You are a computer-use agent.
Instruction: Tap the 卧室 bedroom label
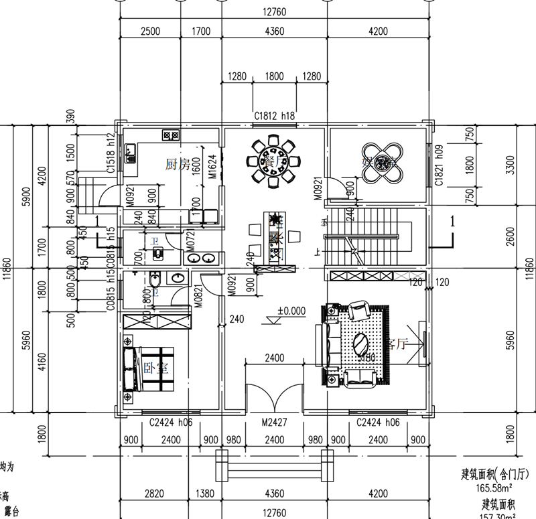tap(155, 368)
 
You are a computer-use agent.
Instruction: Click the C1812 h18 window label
tap(275, 117)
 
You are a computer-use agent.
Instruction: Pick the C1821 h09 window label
tap(440, 164)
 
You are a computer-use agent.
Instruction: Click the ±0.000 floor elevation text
tap(291, 311)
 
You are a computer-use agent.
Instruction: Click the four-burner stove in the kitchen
tap(170, 135)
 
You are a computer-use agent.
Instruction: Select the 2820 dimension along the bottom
tap(154, 494)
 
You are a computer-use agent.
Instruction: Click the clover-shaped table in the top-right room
tap(381, 162)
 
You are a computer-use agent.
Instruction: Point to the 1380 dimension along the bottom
tap(204, 494)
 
